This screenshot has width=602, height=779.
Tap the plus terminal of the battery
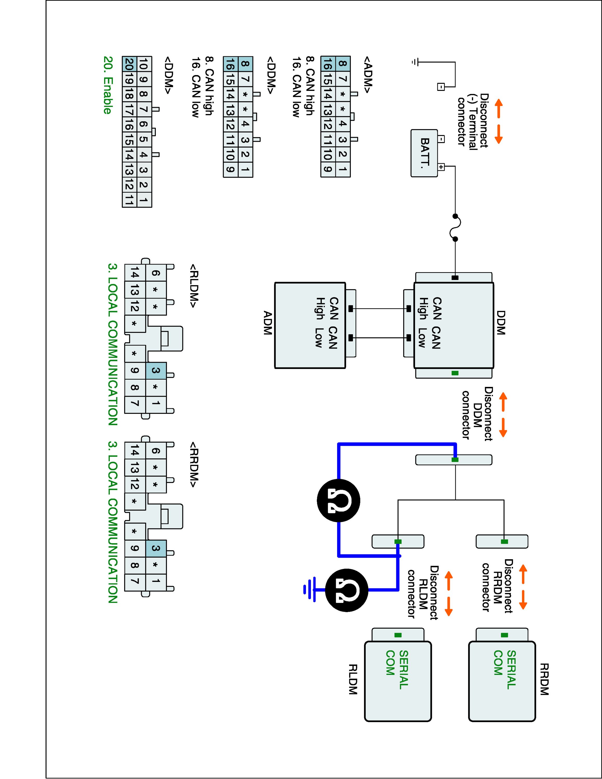[x=441, y=167]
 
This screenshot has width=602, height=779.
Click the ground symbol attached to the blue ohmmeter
[x=309, y=590]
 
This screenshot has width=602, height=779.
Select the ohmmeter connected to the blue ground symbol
[x=346, y=590]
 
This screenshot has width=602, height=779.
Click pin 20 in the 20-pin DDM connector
[x=129, y=64]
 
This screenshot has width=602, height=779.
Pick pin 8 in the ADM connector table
[x=342, y=64]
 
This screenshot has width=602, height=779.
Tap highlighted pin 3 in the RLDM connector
[x=156, y=371]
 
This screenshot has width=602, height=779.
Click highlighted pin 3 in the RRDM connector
[x=156, y=548]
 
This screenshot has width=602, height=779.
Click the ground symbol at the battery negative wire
[x=414, y=62]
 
